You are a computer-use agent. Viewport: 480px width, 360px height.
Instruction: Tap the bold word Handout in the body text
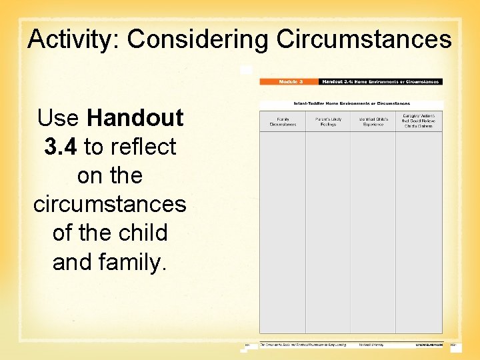click(135, 118)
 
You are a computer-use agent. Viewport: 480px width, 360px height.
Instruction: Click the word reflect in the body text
click(145, 147)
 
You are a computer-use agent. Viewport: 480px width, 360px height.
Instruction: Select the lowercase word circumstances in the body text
click(110, 204)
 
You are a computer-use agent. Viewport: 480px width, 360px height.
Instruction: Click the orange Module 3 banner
click(289, 81)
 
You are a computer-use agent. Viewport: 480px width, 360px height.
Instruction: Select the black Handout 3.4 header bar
click(380, 81)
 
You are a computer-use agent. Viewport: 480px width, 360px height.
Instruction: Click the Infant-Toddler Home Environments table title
click(351, 104)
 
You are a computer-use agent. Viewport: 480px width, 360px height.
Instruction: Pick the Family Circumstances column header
click(283, 121)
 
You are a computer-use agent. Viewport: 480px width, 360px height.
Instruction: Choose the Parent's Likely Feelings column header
click(328, 121)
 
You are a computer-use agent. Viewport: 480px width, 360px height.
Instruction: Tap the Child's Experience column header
click(373, 121)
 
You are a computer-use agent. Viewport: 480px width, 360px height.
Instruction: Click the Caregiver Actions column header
click(419, 121)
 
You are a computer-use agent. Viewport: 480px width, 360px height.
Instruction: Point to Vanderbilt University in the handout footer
click(373, 345)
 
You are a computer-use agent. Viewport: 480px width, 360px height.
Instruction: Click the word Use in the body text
click(59, 118)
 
